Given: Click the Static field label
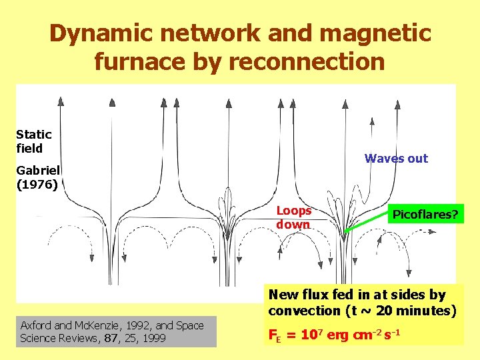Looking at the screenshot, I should pos(33,141).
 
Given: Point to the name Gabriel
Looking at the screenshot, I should pos(38,170).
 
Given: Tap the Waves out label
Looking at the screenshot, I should pos(396,158).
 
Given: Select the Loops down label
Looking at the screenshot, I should pos(294,217).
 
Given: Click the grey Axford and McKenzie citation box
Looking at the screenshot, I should pos(117,331).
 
